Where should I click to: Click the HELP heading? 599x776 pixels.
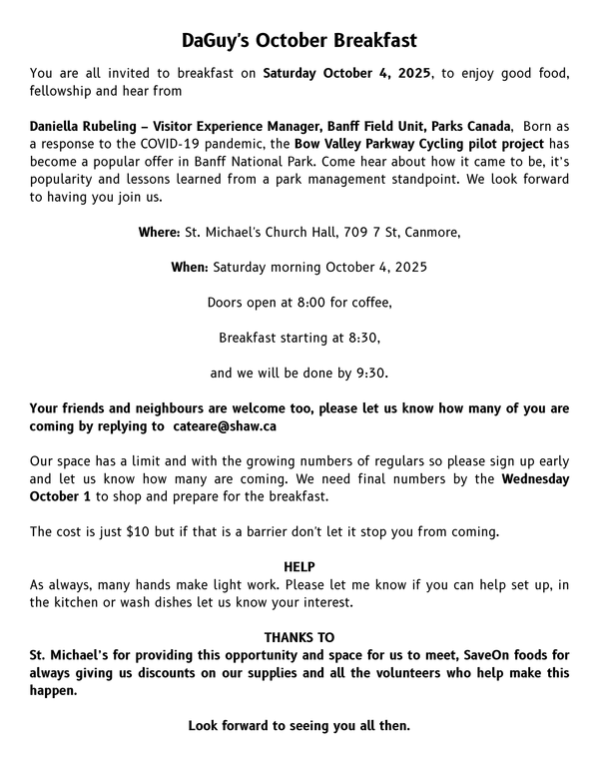pos(299,567)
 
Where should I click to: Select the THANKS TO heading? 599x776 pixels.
pos(299,637)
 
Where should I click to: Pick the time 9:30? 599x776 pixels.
pos(370,374)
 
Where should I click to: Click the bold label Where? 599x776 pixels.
pos(159,233)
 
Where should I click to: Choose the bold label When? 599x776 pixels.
pos(189,268)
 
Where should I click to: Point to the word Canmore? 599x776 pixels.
pos(429,233)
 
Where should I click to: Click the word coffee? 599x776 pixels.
pos(368,303)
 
